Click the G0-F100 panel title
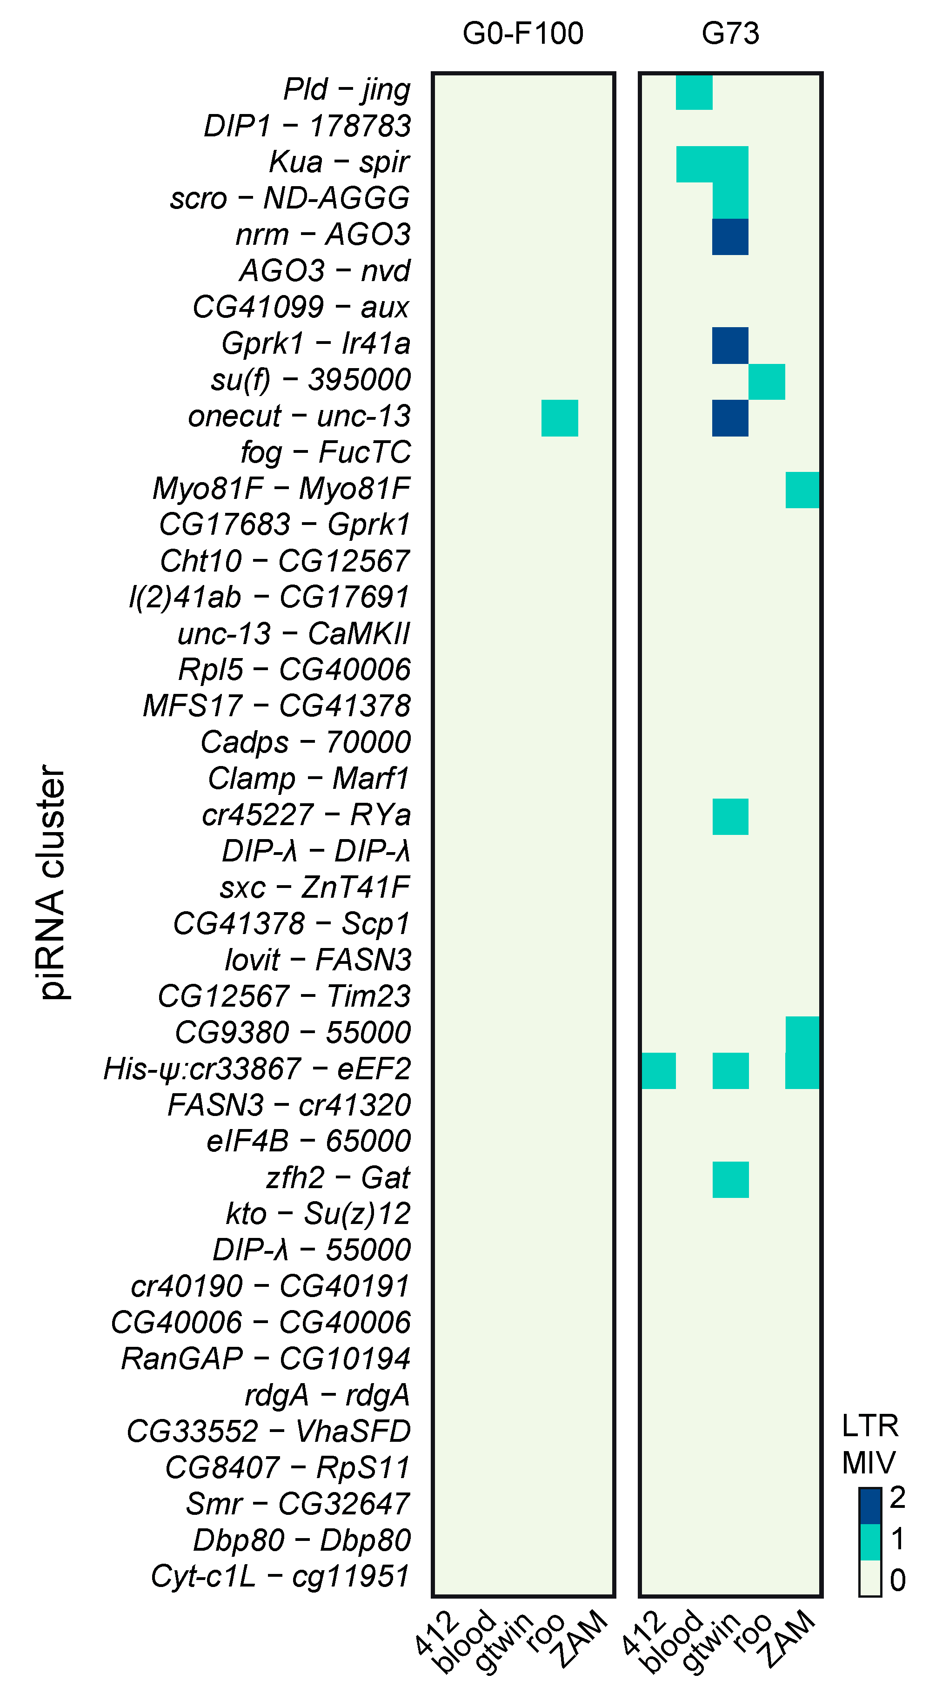click(522, 33)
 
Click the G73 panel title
click(730, 33)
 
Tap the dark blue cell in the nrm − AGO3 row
click(730, 236)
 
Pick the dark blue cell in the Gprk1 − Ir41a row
click(730, 345)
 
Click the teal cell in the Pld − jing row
click(694, 91)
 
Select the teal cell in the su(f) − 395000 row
click(767, 382)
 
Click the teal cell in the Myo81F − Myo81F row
click(802, 490)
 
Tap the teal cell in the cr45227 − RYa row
click(730, 817)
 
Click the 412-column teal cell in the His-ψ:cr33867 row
click(658, 1070)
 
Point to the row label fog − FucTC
click(326, 453)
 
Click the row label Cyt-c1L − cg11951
click(281, 1576)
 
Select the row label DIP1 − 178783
click(307, 126)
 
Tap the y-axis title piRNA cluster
click(53, 883)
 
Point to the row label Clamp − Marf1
click(308, 779)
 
